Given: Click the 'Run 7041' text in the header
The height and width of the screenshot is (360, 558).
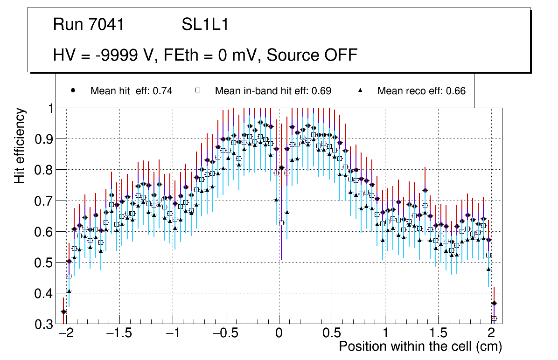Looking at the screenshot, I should pyautogui.click(x=89, y=25).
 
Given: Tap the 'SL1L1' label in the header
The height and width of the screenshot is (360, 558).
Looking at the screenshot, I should pyautogui.click(x=205, y=25).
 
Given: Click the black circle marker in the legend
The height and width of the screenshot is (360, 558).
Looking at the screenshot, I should pyautogui.click(x=73, y=90).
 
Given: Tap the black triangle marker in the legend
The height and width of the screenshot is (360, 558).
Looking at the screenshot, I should pyautogui.click(x=360, y=90).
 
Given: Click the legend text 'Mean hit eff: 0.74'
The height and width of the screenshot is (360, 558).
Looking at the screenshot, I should pyautogui.click(x=132, y=91).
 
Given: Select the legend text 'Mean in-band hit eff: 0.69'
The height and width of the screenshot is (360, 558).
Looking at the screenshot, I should pyautogui.click(x=273, y=91).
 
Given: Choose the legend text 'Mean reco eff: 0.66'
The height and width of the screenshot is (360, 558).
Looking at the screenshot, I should pyautogui.click(x=421, y=91).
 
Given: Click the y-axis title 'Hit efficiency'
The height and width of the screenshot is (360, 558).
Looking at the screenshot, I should pyautogui.click(x=20, y=145).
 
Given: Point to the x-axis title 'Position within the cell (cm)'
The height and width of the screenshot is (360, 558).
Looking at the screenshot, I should pyautogui.click(x=420, y=346).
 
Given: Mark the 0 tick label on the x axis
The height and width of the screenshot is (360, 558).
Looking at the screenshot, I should pyautogui.click(x=279, y=333).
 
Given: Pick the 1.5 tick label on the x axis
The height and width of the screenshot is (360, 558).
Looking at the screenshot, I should pyautogui.click(x=438, y=333).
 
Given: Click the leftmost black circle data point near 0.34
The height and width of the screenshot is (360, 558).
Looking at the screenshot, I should pyautogui.click(x=63, y=312).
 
